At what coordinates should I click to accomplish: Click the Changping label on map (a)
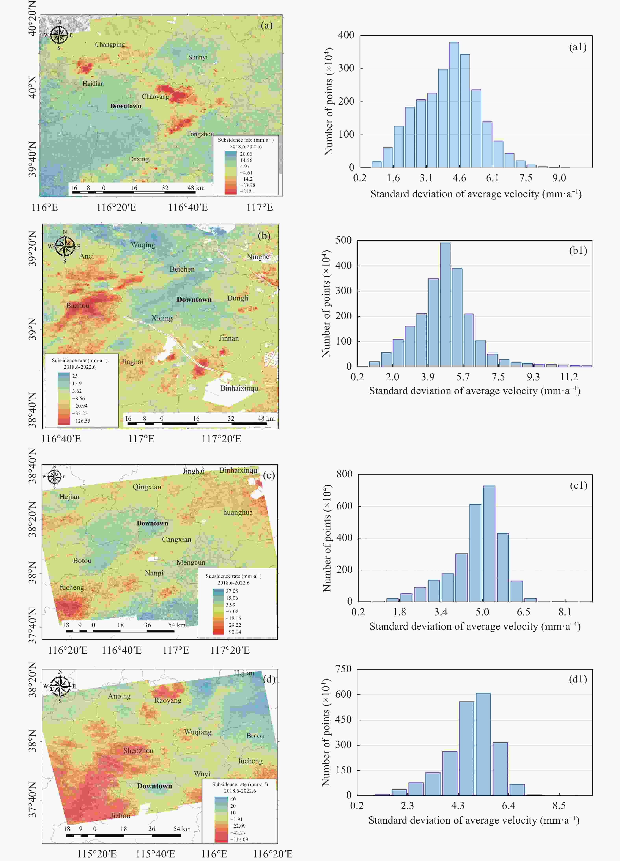click(x=110, y=44)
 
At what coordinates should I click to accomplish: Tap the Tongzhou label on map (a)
click(x=200, y=134)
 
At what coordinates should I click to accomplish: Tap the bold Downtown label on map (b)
click(x=194, y=300)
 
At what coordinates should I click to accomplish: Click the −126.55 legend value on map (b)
click(x=81, y=421)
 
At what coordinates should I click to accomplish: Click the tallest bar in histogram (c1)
click(x=489, y=544)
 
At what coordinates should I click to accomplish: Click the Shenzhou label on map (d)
click(x=138, y=750)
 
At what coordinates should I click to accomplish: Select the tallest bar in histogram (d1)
click(x=483, y=744)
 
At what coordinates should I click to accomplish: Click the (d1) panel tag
click(x=578, y=679)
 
